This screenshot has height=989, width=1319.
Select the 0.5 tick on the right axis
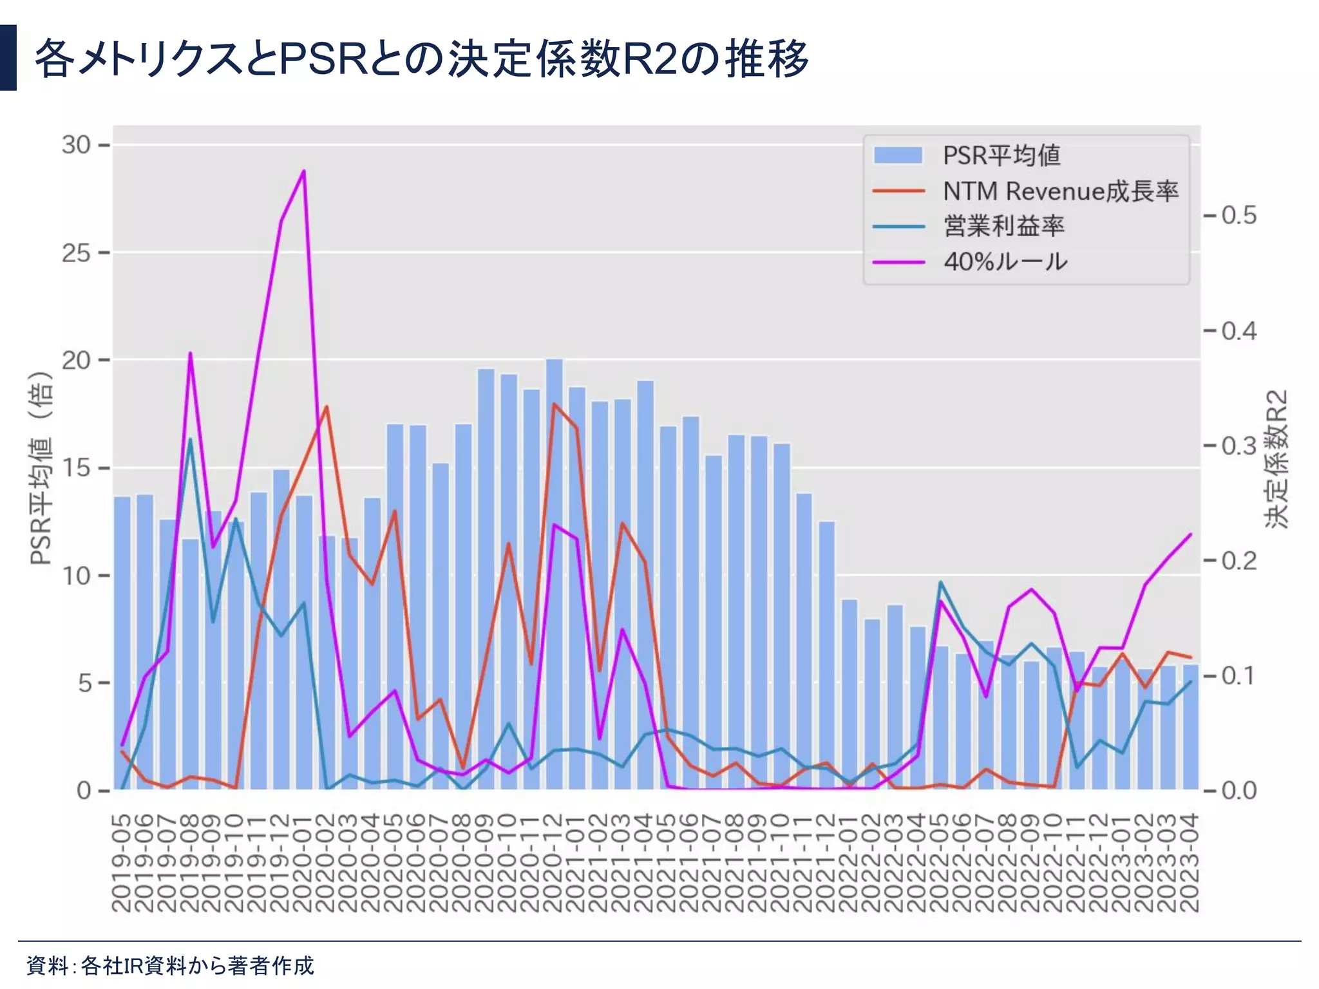1238,216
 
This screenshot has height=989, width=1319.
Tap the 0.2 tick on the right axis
1238,561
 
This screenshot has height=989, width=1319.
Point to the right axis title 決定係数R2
1276,458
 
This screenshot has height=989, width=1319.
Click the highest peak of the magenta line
303,171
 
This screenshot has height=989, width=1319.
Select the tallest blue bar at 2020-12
554,573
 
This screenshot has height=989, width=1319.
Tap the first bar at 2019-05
122,644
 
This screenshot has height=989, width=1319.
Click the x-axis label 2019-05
122,863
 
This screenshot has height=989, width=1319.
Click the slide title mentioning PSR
422,59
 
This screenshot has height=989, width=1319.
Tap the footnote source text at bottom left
170,965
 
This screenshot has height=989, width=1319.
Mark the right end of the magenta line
1191,534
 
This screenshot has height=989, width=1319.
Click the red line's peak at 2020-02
327,406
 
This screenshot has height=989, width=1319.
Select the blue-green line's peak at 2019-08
190,439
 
